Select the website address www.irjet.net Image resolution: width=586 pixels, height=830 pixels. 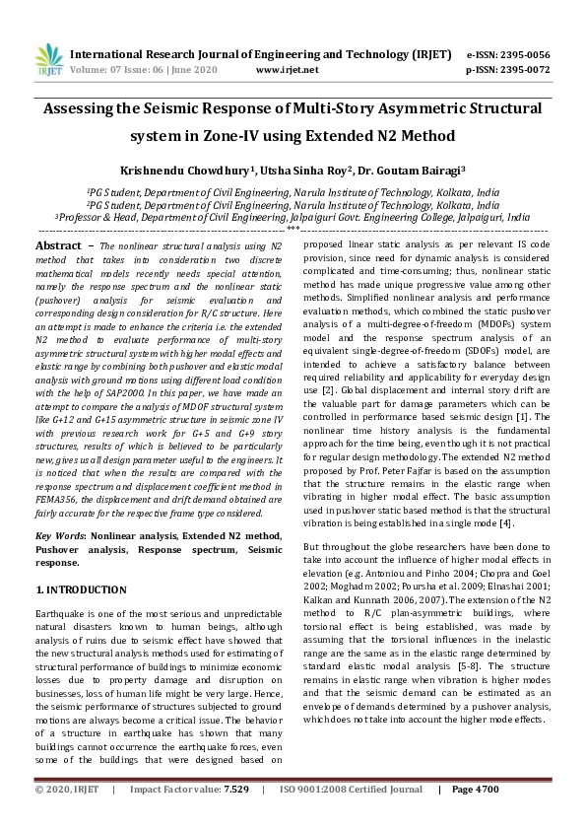tap(287, 70)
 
